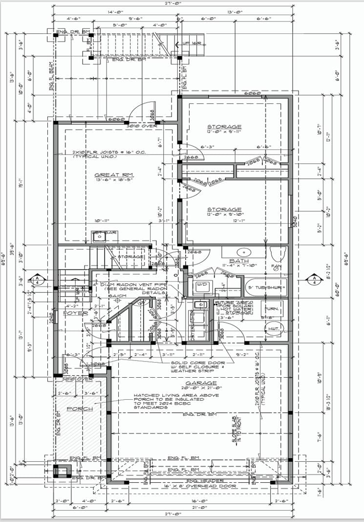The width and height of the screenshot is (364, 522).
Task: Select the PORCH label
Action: point(79,409)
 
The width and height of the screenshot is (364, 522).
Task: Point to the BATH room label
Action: point(239,261)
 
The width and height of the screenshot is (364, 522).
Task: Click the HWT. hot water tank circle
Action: point(273,329)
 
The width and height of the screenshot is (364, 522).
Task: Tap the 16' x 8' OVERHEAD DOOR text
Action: point(200,486)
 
